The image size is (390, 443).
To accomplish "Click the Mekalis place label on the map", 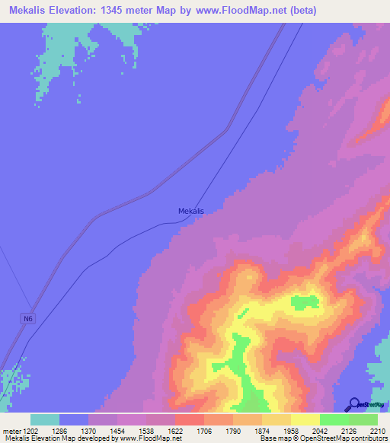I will [190, 211].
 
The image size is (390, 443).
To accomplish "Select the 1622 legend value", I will [175, 432].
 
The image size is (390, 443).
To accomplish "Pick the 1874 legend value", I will [262, 432].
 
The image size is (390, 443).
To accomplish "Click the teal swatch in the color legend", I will [45, 419].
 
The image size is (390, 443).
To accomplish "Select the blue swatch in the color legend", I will [74, 419].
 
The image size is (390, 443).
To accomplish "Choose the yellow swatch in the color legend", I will [305, 419].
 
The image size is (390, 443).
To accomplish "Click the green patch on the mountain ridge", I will [305, 301].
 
